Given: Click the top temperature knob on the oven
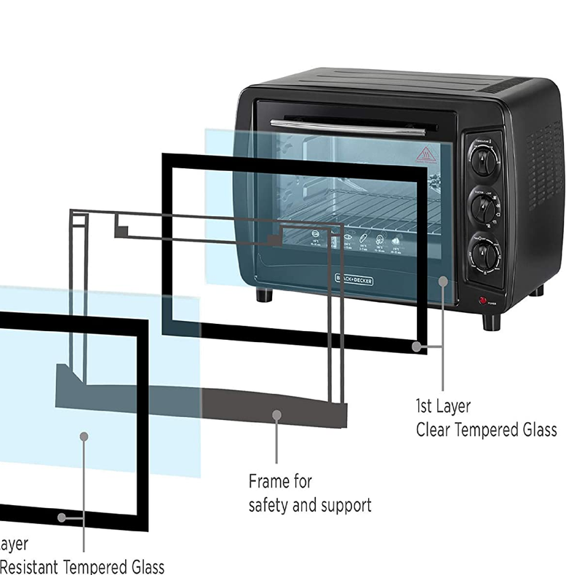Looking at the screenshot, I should click(x=482, y=160).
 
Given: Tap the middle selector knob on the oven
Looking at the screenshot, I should click(x=482, y=207).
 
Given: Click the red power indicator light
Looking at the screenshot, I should click(x=482, y=301).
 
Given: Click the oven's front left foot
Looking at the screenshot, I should click(x=264, y=296).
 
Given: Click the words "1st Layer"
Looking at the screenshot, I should click(x=443, y=406).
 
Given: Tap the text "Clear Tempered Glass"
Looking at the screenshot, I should click(x=486, y=429).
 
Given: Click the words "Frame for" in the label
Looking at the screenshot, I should click(x=280, y=481).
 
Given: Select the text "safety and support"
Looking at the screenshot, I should click(x=310, y=504).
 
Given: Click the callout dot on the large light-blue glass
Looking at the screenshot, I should click(x=84, y=436).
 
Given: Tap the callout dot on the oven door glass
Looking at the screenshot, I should click(x=444, y=280).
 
